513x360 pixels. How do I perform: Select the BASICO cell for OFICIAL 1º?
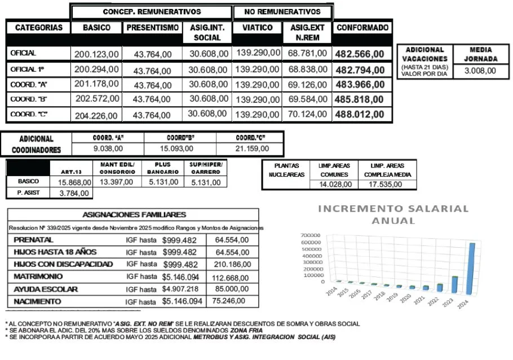click(96, 69)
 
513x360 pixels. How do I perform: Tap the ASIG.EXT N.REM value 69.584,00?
click(307, 99)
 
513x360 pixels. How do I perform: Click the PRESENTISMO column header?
click(152, 28)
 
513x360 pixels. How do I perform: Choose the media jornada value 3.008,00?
click(480, 71)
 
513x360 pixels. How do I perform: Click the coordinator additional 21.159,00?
click(253, 149)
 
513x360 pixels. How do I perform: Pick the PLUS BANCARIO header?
click(163, 168)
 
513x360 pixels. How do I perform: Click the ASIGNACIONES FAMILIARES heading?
click(134, 214)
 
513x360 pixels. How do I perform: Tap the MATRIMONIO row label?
click(37, 276)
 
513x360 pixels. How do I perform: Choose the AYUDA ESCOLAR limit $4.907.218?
click(180, 289)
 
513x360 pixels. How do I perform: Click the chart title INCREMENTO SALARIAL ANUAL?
click(393, 214)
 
